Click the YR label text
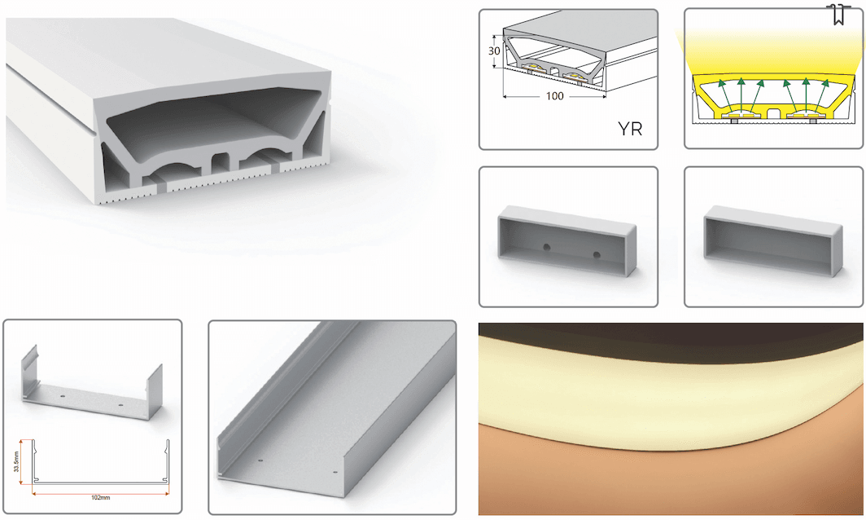(630, 129)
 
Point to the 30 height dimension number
(494, 51)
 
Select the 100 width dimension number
(554, 96)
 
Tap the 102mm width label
(101, 497)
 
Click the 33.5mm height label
(16, 461)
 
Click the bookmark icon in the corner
(838, 15)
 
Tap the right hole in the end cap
(597, 255)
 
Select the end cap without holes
(773, 240)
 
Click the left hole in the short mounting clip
(62, 397)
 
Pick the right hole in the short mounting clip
(121, 405)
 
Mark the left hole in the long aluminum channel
(260, 461)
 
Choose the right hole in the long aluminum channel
(335, 473)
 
